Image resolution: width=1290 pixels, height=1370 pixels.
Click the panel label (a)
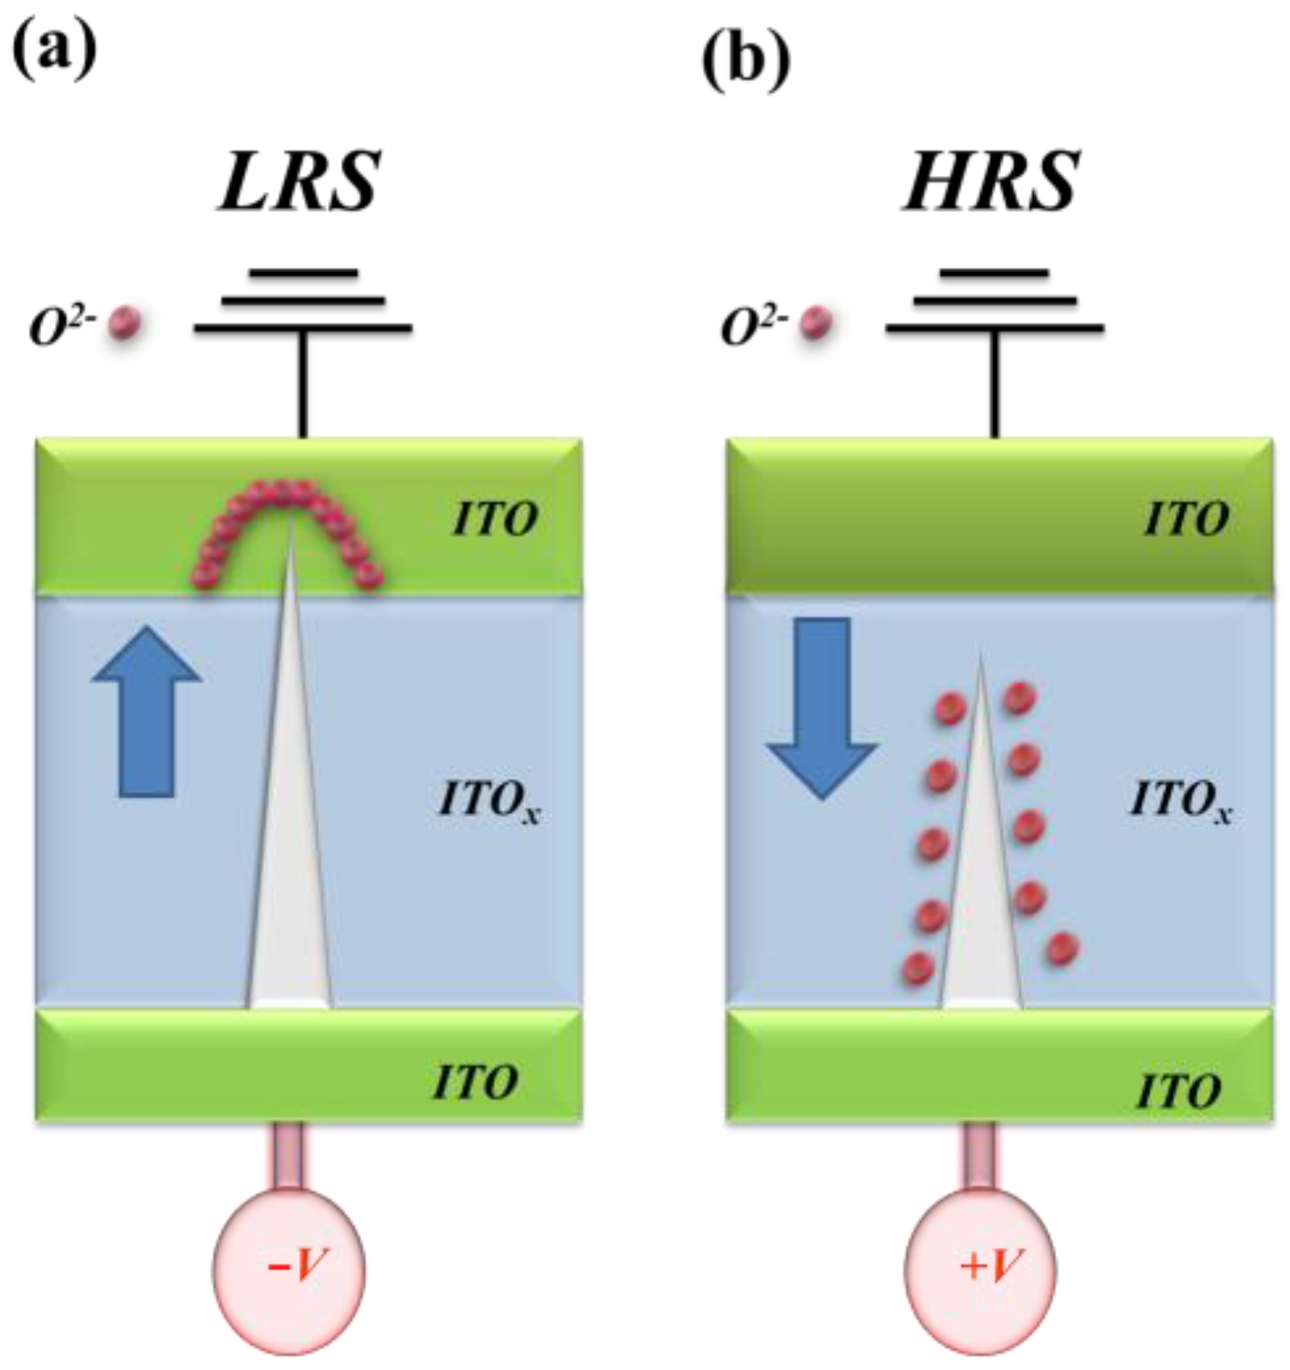pos(54,51)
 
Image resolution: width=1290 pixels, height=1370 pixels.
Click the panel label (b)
pos(746,60)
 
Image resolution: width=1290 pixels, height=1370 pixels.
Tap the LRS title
pos(300,181)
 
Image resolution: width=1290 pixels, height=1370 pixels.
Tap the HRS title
pos(992,181)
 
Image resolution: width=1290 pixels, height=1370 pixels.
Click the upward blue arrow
pos(147,711)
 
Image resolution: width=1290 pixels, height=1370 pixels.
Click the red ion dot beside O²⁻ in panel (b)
pos(816,324)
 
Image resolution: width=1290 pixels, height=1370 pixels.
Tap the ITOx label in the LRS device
pos(488,801)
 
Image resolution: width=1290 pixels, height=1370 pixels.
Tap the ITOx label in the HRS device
pos(1179,801)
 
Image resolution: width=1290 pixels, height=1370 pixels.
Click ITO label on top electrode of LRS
pos(495,520)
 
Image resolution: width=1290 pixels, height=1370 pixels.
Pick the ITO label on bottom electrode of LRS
pos(475,1082)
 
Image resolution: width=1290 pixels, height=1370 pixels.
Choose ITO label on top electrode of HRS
pos(1186,520)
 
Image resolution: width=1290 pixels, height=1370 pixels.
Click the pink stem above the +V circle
pos(980,1155)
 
